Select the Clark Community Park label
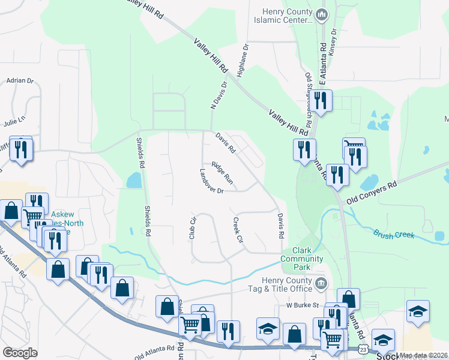pos(303,255)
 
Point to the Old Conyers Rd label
pos(373,191)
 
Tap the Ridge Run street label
pos(221,172)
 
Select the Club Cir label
pos(193,229)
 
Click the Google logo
pos(20,353)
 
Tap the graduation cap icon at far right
pos(418,311)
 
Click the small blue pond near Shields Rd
pos(134,180)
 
